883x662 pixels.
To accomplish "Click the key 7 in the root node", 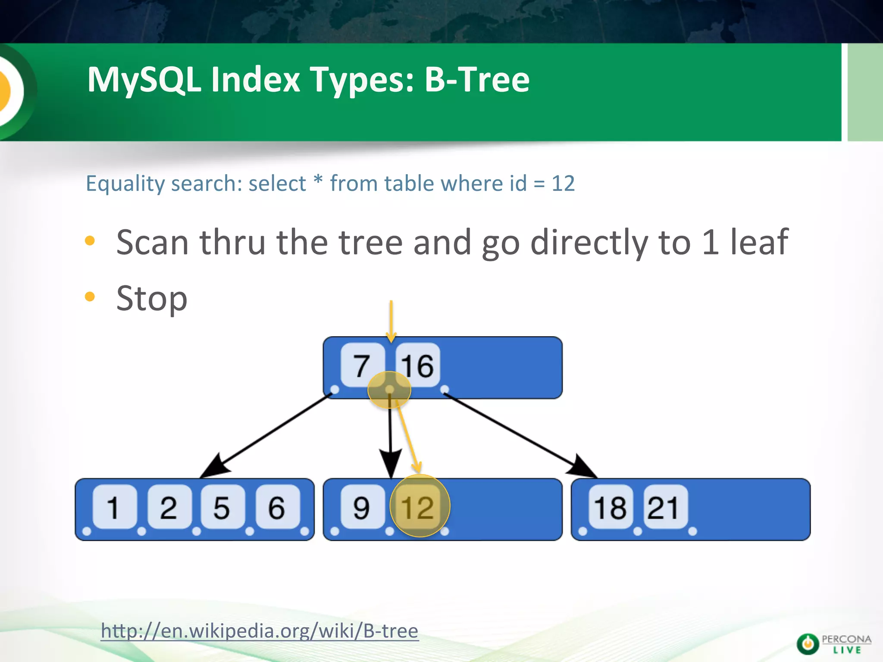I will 362,365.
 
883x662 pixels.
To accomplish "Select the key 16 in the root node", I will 417,365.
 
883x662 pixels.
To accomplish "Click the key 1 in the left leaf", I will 114,507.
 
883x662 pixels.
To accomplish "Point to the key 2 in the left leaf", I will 169,507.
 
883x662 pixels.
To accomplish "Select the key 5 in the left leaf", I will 222,507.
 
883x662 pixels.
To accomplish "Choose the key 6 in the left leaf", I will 277,507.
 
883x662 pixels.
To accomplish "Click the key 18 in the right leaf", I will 610,507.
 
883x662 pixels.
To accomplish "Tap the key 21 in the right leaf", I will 664,507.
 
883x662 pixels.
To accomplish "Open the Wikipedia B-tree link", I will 260,631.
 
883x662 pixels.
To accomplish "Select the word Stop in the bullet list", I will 152,298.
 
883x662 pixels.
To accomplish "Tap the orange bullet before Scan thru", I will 90,240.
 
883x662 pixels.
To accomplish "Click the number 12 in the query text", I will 563,184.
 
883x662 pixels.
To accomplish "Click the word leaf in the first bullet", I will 759,242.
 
